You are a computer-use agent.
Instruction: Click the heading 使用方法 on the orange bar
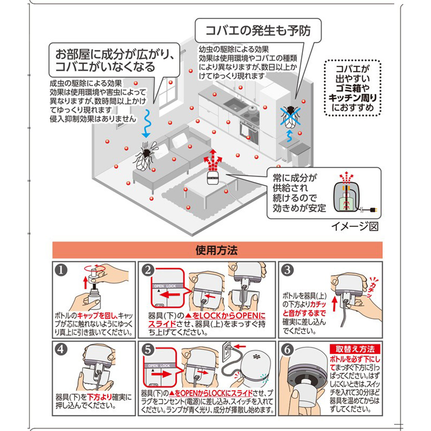click(217, 250)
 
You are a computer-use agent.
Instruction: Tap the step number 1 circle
click(61, 270)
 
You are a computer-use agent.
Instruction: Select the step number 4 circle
click(61, 349)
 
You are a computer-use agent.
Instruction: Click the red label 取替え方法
click(355, 349)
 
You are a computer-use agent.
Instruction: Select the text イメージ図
click(355, 226)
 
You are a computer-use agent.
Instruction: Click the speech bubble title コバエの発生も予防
click(258, 30)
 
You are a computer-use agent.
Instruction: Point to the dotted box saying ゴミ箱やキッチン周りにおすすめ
click(352, 88)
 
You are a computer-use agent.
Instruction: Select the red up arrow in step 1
click(86, 282)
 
